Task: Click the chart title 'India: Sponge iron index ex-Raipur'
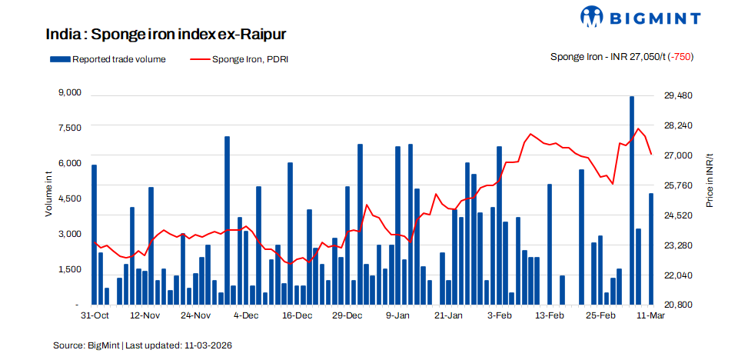pos(166,35)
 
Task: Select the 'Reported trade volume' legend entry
pos(108,59)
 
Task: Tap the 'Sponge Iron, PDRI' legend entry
pos(238,59)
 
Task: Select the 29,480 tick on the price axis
pos(678,95)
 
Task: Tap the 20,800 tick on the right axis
pos(678,305)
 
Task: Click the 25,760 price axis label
pos(678,185)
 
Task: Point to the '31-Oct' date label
pos(95,315)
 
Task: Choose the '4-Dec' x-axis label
pos(246,315)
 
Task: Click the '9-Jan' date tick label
pos(398,315)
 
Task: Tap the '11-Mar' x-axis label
pos(651,315)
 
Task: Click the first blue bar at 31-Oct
pos(95,235)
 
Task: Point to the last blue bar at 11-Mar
pos(651,248)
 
